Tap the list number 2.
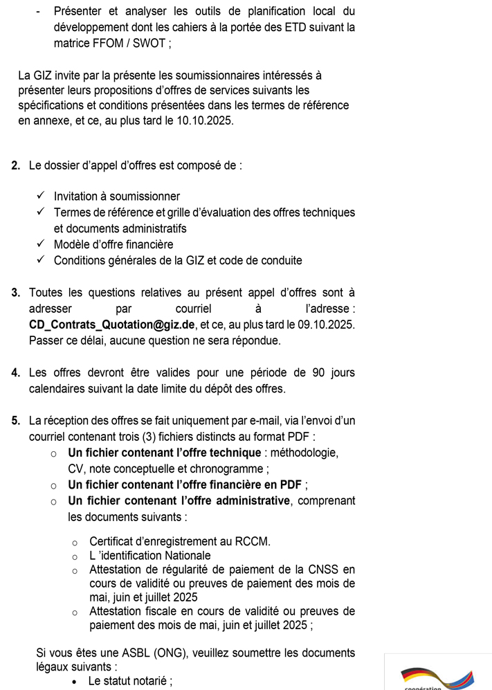coord(16,166)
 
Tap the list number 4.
coord(16,372)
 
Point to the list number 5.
coord(16,420)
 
